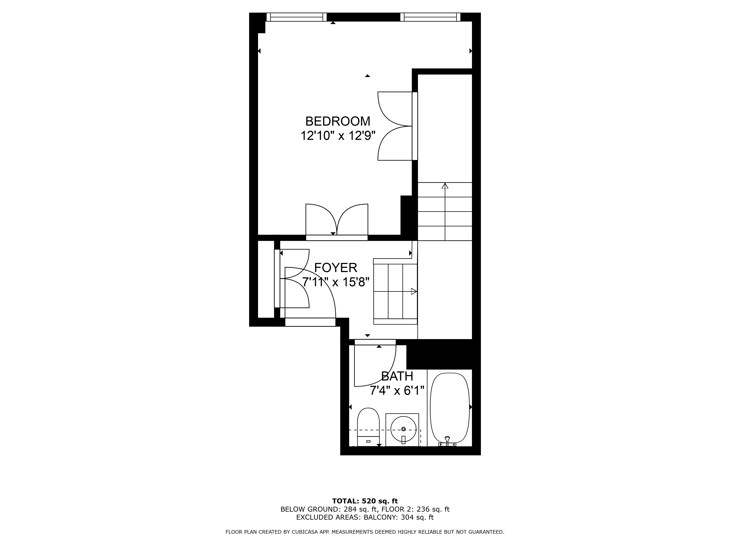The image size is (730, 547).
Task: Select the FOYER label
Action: pos(336,267)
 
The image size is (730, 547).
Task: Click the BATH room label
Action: pos(397,376)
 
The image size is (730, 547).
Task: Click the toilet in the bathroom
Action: pos(368,427)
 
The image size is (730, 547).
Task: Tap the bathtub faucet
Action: pos(447,440)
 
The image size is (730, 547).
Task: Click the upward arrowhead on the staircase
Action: pos(445,186)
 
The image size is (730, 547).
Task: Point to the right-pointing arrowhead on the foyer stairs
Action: pos(414,291)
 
